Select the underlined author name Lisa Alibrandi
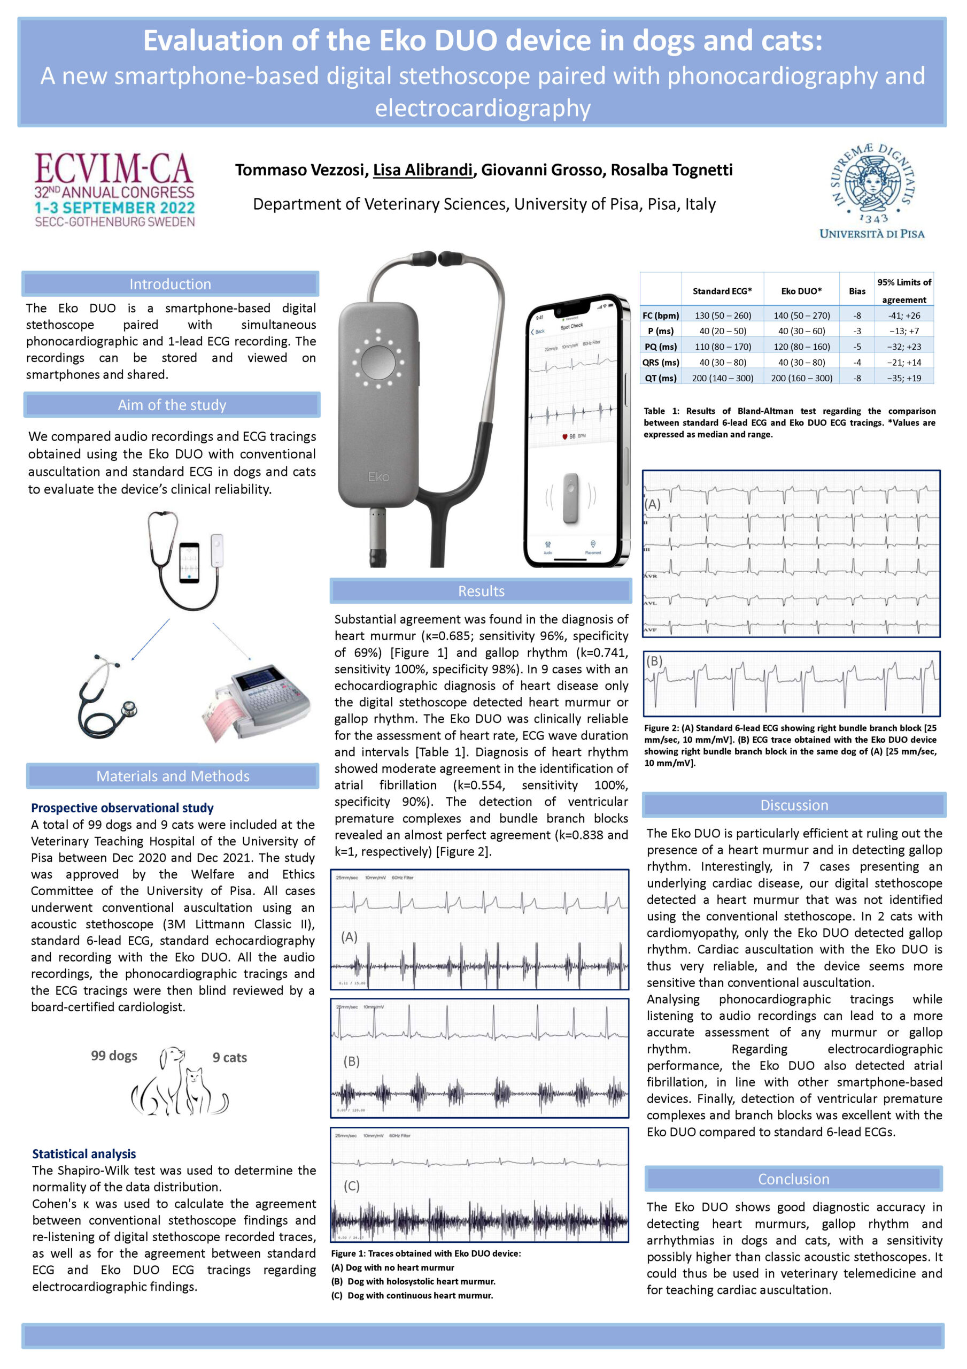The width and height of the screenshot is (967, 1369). point(423,170)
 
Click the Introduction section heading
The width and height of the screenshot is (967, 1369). point(171,284)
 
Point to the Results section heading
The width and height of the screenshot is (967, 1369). point(481,591)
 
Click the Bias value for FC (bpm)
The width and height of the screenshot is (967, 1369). point(857,316)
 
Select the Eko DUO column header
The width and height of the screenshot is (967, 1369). point(801,291)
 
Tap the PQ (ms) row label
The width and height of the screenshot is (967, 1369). point(660,347)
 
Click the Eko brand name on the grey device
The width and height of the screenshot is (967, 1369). point(378,476)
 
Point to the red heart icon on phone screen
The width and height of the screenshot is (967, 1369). point(564,436)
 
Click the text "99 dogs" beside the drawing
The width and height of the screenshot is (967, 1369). point(114,1056)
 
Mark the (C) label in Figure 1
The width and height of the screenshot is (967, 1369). point(352,1186)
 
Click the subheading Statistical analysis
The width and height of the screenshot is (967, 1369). point(84,1153)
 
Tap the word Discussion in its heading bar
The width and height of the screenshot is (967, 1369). point(794,805)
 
